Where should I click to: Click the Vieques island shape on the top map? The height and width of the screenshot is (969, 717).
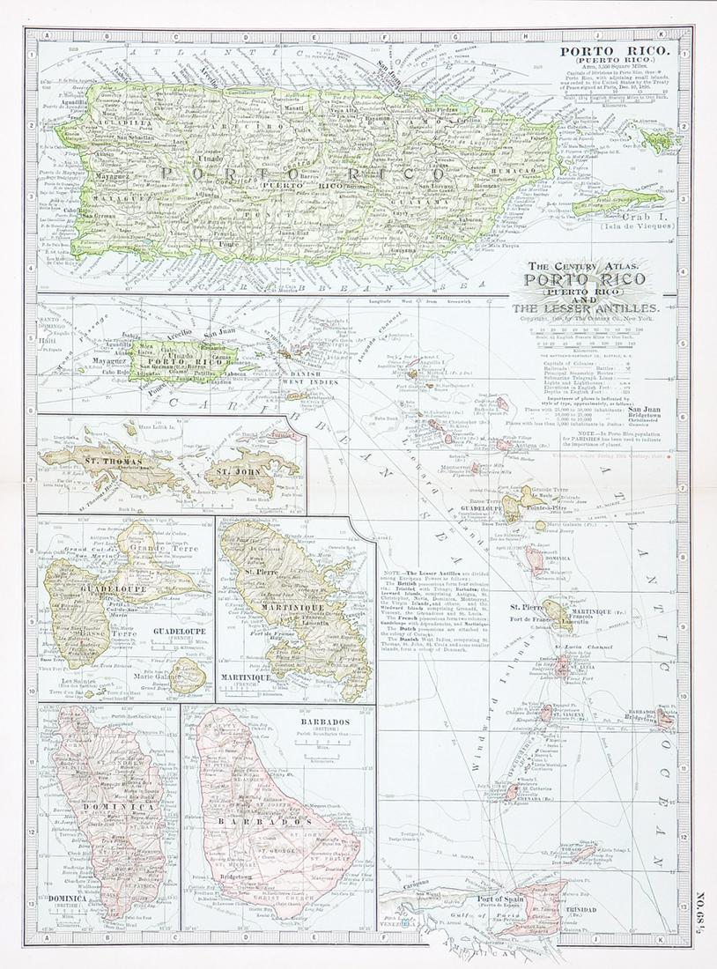tap(617, 202)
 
